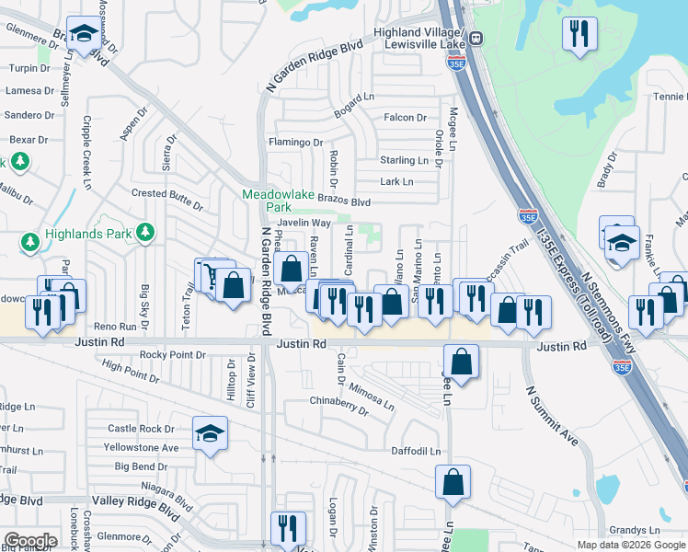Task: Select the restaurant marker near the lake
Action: pos(579,35)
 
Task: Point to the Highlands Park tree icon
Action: pos(144,234)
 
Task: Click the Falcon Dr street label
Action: pos(405,118)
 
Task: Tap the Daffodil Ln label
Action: pos(416,452)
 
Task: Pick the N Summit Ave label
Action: pos(551,415)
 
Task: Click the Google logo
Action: pos(30,541)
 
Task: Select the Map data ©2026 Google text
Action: pos(630,545)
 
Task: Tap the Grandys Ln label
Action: pos(634,531)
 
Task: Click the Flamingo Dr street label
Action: pos(295,143)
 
